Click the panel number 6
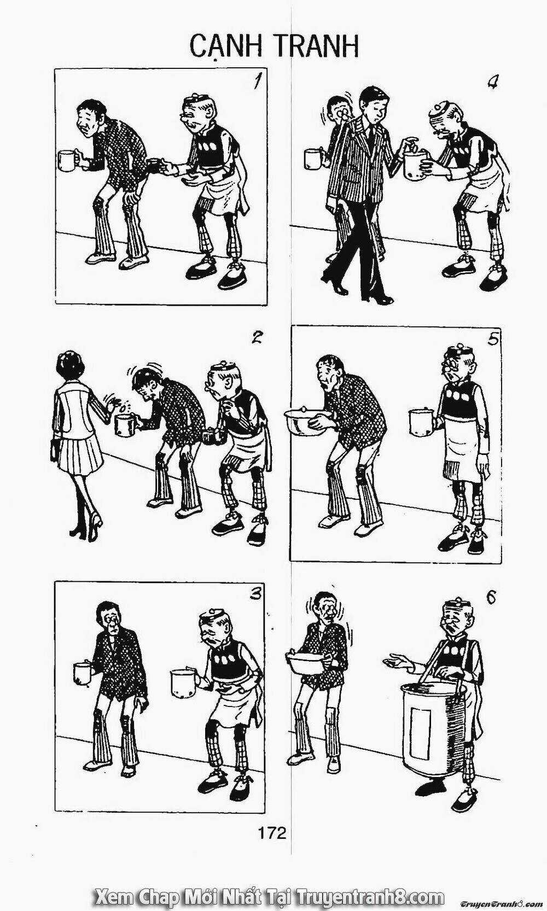491,596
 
